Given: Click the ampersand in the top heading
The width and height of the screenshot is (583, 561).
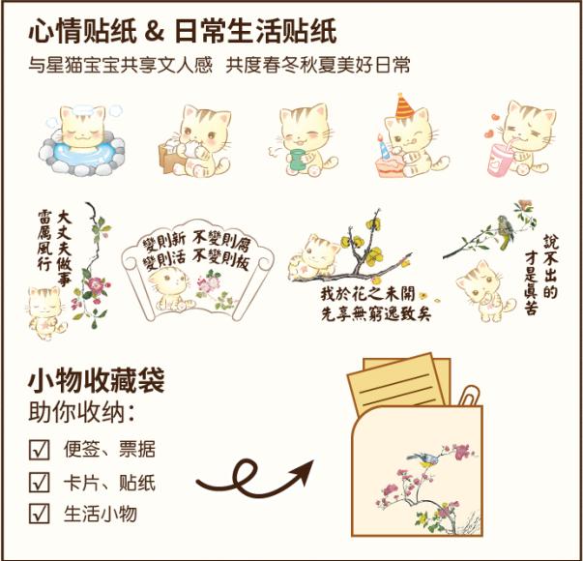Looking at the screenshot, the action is point(155,31).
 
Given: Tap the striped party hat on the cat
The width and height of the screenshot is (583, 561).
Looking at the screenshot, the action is point(404,106).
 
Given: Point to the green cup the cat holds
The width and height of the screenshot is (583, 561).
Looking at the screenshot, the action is point(296,160).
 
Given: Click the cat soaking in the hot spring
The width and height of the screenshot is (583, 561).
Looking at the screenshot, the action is point(82,129).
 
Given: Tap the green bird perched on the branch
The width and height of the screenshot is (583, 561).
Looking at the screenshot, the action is point(506,230).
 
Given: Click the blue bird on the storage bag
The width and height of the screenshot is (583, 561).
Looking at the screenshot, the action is point(423,459).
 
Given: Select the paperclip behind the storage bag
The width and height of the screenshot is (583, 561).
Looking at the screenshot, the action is point(469,397).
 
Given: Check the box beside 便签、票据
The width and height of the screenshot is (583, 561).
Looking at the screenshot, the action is point(39,450).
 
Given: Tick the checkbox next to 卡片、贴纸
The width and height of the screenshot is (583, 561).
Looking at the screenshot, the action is point(39,482).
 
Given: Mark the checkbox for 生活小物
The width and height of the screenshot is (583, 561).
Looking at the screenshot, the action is point(39,514).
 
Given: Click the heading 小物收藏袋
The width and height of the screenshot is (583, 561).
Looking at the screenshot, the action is point(97,380).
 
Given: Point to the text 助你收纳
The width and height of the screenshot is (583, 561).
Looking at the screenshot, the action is point(76,412).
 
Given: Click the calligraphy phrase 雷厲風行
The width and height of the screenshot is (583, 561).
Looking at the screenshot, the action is point(44,240).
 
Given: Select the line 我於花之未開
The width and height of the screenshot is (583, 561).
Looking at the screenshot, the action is point(367,294).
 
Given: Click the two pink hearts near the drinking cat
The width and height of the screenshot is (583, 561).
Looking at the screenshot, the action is point(492,126).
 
